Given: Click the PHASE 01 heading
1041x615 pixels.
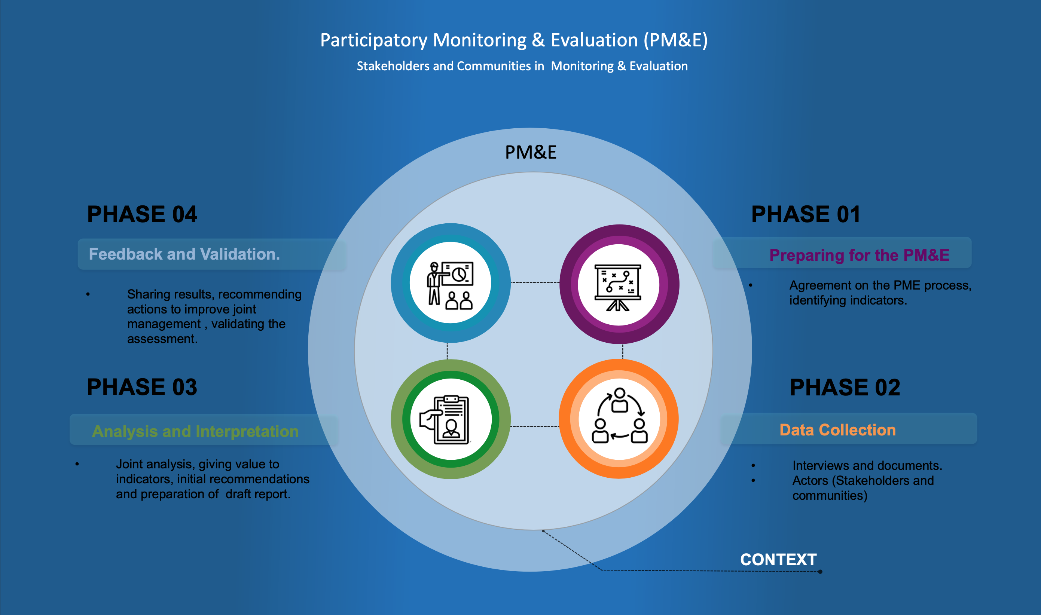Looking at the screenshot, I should [x=806, y=214].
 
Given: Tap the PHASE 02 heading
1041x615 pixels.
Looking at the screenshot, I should [x=845, y=388].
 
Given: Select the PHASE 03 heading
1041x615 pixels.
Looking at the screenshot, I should [x=142, y=387].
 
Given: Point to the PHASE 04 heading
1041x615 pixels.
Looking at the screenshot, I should [x=142, y=214].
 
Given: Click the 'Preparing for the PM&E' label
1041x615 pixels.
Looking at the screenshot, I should [x=859, y=255].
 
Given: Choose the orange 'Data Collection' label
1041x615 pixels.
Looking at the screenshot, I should [x=837, y=430].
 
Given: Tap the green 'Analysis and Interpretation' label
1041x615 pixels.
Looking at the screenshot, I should [x=195, y=431].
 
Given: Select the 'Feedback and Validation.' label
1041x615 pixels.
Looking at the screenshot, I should [x=184, y=254].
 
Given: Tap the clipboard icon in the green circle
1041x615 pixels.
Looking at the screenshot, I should [x=448, y=419].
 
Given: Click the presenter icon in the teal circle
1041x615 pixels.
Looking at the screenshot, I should [x=450, y=285].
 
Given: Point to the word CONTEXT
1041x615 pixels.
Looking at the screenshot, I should [x=778, y=560].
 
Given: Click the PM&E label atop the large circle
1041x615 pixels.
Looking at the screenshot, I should [x=531, y=153].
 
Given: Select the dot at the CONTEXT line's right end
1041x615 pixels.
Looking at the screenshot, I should [x=820, y=572].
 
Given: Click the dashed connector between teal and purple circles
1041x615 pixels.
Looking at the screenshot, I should [x=535, y=283].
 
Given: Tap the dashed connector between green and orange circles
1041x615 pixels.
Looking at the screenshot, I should [x=535, y=426].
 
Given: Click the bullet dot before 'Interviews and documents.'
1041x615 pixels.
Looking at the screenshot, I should [x=753, y=466].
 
